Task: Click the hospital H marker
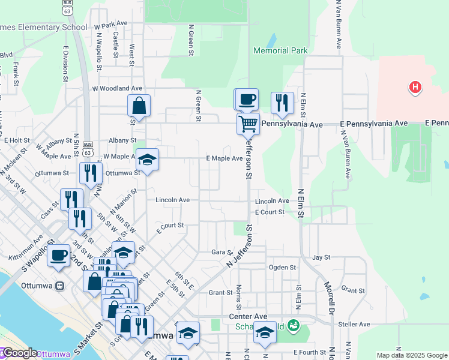(x=414, y=88)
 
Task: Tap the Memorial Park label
(x=281, y=51)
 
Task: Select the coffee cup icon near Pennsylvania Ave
(x=246, y=99)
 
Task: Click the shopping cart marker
(x=247, y=124)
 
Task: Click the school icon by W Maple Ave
(x=147, y=160)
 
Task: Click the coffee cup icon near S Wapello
(x=59, y=255)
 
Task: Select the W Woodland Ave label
(x=117, y=88)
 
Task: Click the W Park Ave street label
(x=111, y=25)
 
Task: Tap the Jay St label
(x=321, y=257)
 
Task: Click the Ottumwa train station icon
(x=59, y=285)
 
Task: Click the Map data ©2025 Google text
(x=412, y=355)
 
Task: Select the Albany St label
(x=118, y=140)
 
